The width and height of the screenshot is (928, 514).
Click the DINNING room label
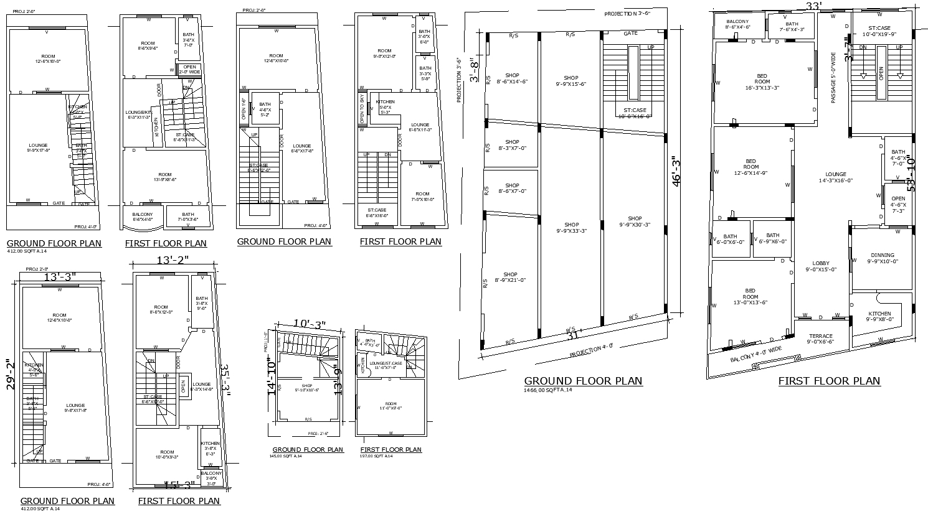[883, 258]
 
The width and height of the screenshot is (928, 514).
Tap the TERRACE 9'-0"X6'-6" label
[820, 339]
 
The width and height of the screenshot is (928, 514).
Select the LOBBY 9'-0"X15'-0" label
[820, 266]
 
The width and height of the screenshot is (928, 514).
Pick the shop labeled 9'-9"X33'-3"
[572, 228]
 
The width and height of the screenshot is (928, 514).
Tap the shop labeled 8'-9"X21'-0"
[510, 278]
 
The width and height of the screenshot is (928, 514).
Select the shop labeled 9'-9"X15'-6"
[571, 81]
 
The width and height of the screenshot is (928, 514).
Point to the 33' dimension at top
[813, 6]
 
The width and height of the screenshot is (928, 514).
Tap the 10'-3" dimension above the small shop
[309, 325]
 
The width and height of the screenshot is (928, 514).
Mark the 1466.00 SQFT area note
[548, 390]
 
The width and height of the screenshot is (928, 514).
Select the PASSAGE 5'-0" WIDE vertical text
[833, 78]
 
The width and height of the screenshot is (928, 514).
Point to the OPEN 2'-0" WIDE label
[189, 69]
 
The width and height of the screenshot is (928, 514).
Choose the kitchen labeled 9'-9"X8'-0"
[879, 316]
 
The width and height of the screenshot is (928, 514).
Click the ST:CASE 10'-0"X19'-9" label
[883, 31]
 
